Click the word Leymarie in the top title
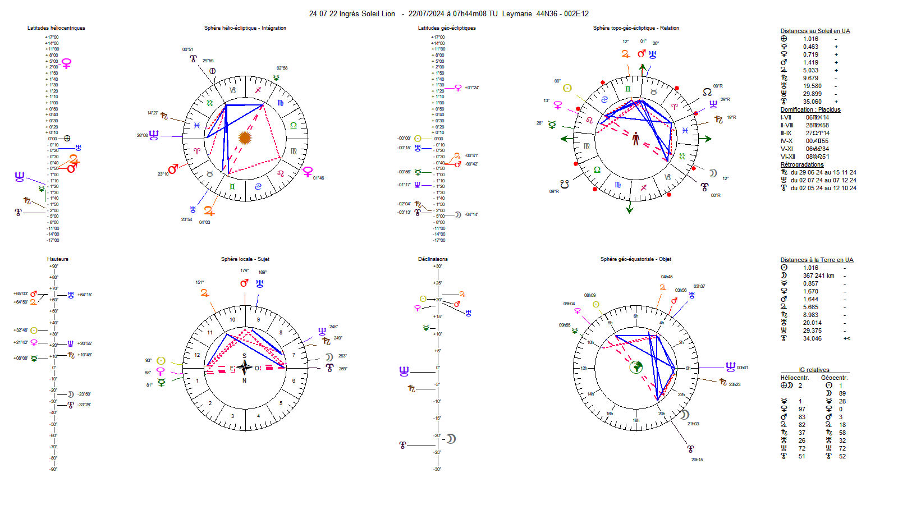pos(517,14)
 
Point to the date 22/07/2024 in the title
pos(426,14)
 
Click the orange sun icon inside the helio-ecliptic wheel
pos(245,137)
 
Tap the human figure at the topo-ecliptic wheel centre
pos(636,139)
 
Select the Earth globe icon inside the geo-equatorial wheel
pos(636,367)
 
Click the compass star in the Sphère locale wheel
pos(244,368)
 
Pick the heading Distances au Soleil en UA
pos(815,31)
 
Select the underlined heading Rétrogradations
pos(802,165)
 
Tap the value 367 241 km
pos(818,276)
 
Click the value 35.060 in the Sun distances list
pos(812,102)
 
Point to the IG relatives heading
pos(814,370)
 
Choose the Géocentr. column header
pos(834,378)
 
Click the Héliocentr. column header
pos(794,378)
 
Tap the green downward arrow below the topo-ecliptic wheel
pos(630,209)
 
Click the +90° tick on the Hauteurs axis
pos(54,266)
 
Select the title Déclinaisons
pos(433,259)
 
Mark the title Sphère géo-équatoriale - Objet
pos(635,259)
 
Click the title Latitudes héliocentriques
pos(56,28)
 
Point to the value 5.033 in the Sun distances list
pos(810,71)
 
